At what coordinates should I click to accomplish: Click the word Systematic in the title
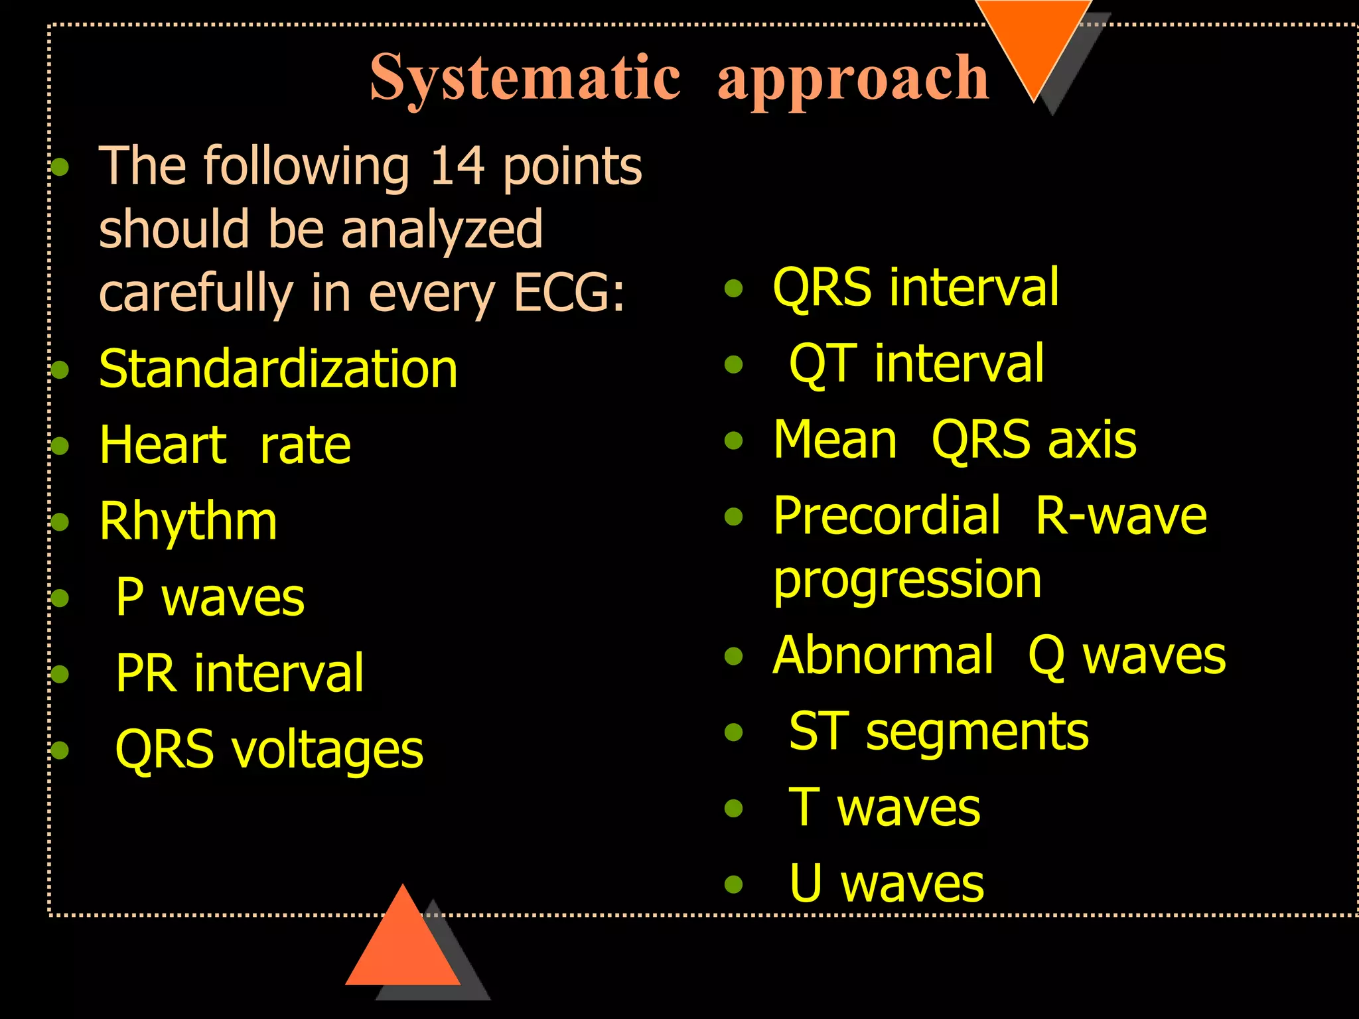click(524, 78)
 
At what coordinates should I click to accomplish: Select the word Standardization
click(278, 369)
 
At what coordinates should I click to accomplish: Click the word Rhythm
click(188, 521)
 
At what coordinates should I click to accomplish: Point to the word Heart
click(163, 445)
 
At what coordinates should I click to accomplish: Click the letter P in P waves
click(130, 597)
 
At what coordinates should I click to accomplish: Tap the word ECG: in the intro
click(569, 293)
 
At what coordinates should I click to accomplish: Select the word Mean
click(835, 440)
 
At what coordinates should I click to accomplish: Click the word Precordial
click(887, 516)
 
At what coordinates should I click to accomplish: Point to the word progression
click(907, 580)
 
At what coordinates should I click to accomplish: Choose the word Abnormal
click(883, 655)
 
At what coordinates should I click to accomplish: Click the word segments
click(977, 732)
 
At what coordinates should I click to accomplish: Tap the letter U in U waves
click(806, 884)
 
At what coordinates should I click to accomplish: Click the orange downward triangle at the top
click(1033, 40)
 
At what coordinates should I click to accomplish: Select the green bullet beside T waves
click(733, 808)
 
